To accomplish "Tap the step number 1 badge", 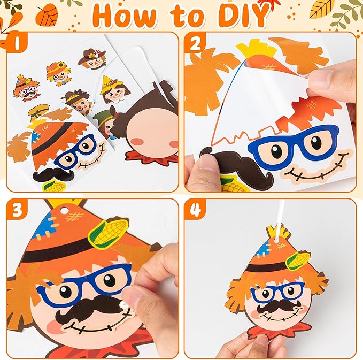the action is (17, 42).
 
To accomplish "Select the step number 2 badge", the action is (195, 43).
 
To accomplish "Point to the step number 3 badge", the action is (17, 210).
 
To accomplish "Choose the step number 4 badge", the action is (195, 210).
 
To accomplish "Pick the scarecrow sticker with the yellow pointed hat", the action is (114, 90).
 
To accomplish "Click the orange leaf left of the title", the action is (48, 14).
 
